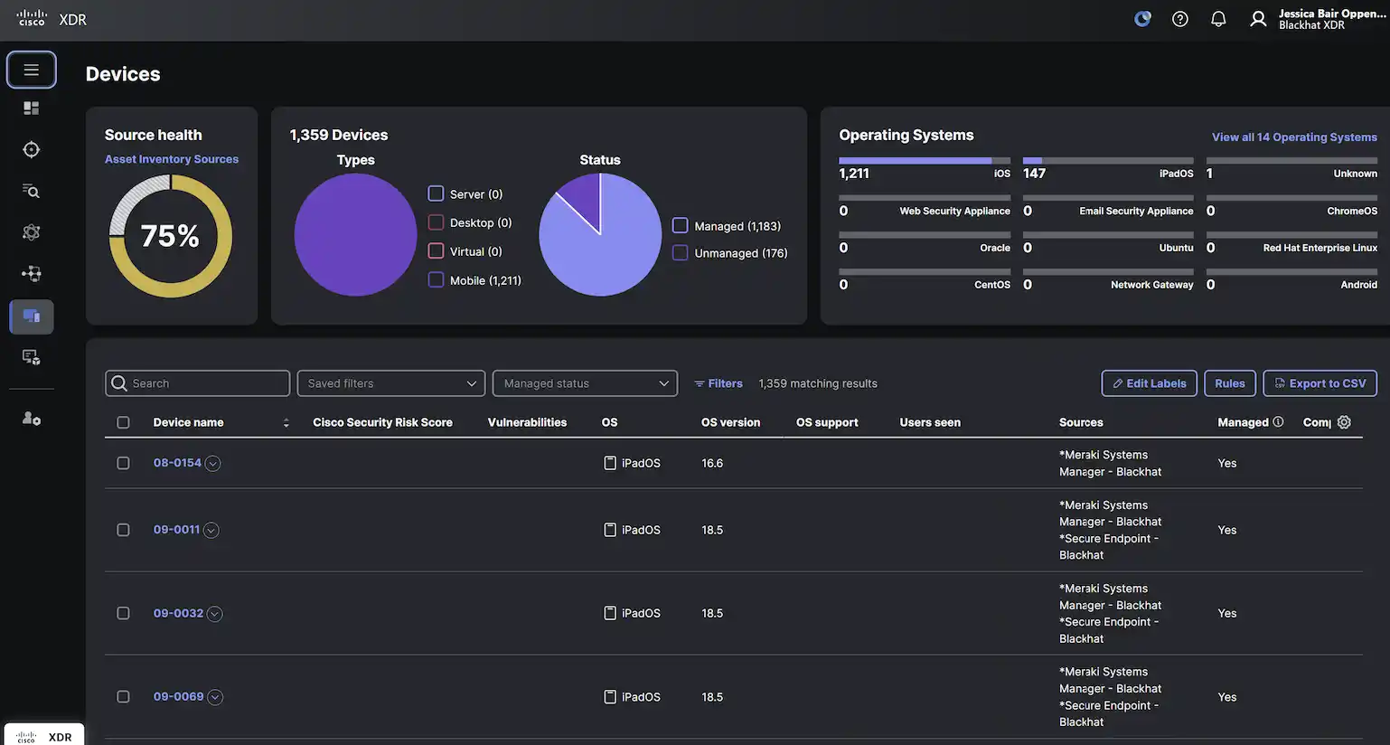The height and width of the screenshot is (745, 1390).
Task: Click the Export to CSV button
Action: click(x=1320, y=383)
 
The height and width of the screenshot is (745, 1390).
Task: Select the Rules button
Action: click(x=1229, y=383)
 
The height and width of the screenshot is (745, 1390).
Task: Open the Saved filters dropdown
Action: click(x=390, y=383)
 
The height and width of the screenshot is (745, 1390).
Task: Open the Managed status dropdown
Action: click(x=585, y=383)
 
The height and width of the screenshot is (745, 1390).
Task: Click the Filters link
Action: click(x=718, y=383)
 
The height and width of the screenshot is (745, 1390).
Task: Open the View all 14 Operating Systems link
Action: click(x=1294, y=137)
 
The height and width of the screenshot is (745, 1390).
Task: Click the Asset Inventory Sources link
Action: click(x=172, y=159)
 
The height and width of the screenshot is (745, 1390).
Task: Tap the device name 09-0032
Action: click(x=178, y=613)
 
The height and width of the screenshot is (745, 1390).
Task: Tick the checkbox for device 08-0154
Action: click(x=123, y=463)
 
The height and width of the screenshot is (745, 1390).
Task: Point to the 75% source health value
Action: click(x=170, y=236)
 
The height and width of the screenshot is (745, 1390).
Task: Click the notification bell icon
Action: click(x=1218, y=19)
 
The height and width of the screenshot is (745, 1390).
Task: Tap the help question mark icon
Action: click(x=1179, y=19)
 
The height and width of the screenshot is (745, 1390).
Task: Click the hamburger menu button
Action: click(x=32, y=70)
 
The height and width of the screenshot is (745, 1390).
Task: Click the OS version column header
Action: click(x=730, y=422)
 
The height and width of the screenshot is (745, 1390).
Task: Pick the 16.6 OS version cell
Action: click(x=712, y=463)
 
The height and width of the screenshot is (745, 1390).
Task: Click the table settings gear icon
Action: click(x=1344, y=422)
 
